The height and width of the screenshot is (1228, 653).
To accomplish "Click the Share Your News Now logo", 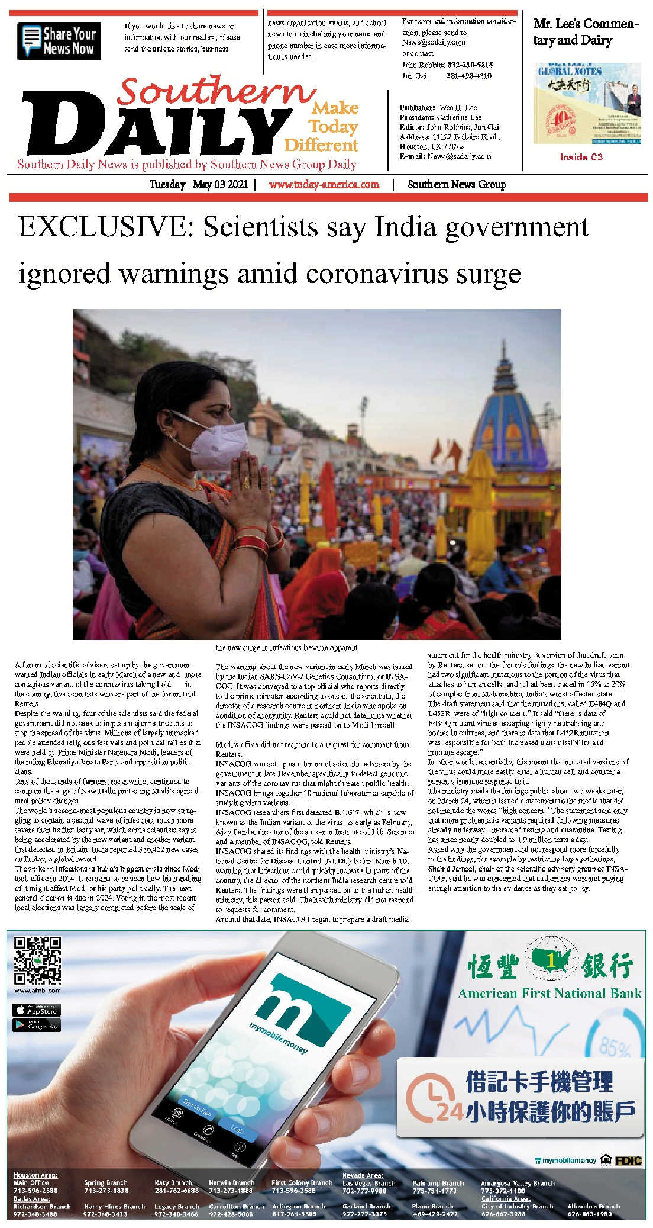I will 59,41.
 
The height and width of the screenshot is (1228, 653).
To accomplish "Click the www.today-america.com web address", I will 324,185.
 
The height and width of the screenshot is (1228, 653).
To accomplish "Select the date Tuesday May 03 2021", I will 198,185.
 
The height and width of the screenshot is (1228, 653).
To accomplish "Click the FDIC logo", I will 628,1161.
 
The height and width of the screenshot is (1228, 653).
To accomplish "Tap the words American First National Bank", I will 549,994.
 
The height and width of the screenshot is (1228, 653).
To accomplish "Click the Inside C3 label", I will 581,157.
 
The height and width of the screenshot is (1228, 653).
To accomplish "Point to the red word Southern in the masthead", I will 216,92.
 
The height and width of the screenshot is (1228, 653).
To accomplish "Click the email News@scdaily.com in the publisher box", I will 459,157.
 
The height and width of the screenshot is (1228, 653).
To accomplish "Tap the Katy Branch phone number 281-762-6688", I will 176,1190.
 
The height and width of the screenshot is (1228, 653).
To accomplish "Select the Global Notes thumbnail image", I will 587,104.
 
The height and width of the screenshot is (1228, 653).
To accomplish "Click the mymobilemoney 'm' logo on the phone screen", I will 302,1007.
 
